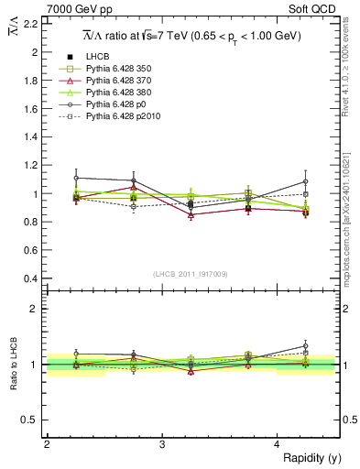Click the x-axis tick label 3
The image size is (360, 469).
coord(161,444)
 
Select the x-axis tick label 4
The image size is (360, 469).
coord(277,444)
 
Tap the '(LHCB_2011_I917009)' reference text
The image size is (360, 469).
coord(191,273)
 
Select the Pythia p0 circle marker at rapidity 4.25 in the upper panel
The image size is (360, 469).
coord(306,181)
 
